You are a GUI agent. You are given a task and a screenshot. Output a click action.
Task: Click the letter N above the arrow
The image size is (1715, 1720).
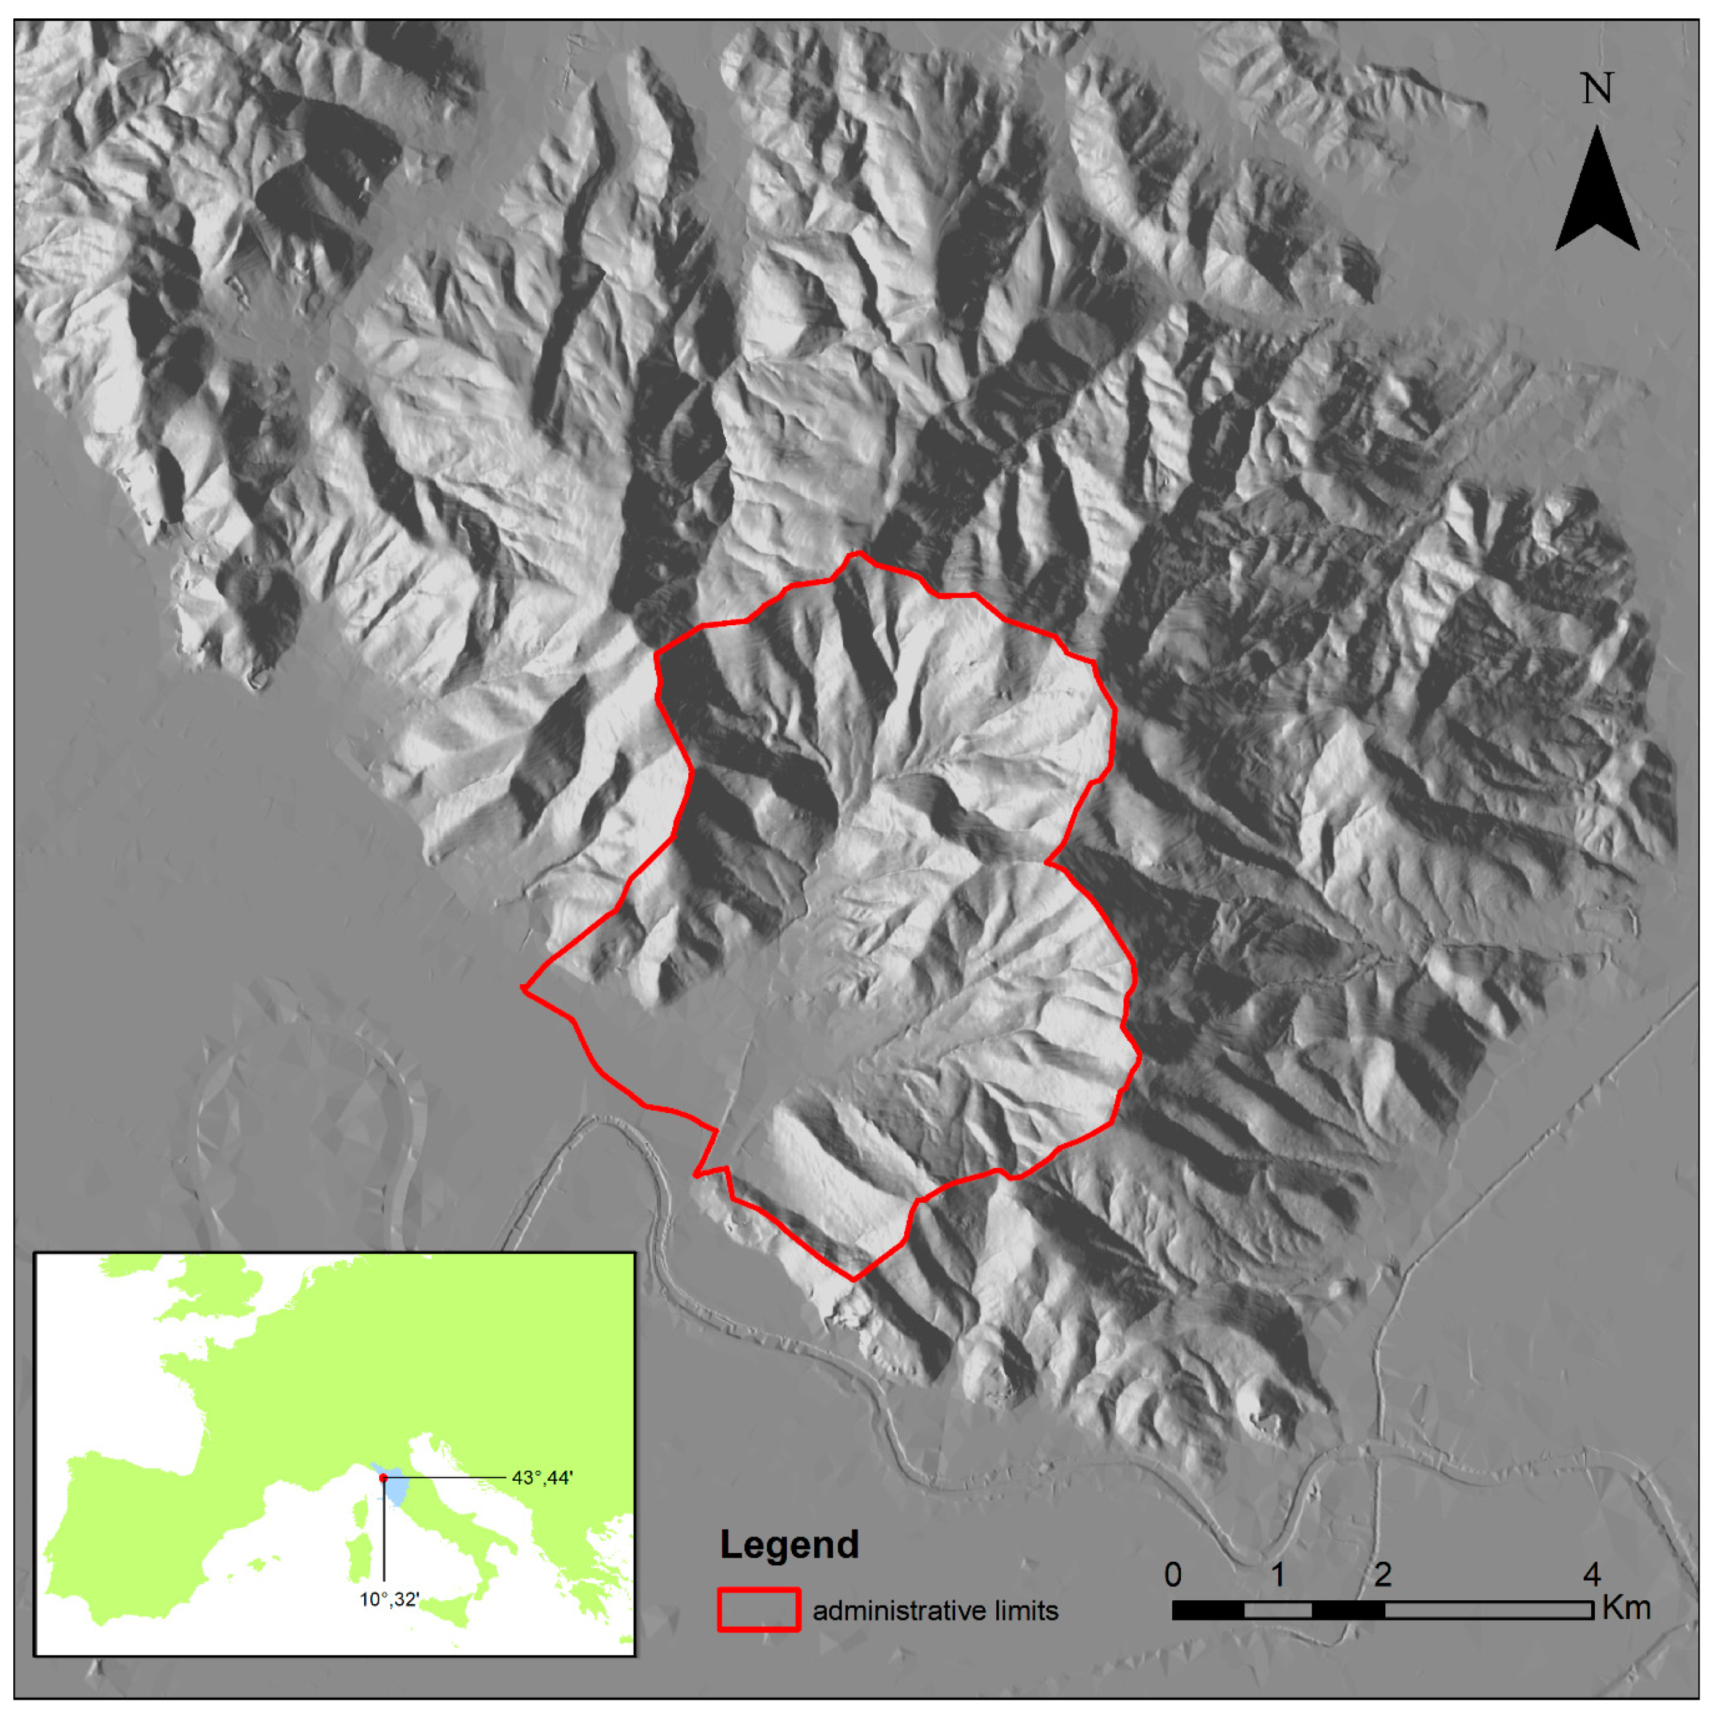[x=1596, y=90]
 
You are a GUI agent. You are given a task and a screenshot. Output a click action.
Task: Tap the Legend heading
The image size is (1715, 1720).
[x=789, y=1544]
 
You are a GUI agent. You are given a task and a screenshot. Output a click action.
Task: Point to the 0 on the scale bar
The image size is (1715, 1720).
[x=1173, y=1574]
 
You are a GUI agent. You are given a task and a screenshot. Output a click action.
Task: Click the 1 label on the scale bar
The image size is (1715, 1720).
[x=1277, y=1574]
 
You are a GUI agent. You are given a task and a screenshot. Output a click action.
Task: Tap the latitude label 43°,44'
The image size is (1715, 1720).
[x=542, y=1478]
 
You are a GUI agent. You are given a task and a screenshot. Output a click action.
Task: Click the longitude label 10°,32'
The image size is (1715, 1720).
[x=389, y=1599]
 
